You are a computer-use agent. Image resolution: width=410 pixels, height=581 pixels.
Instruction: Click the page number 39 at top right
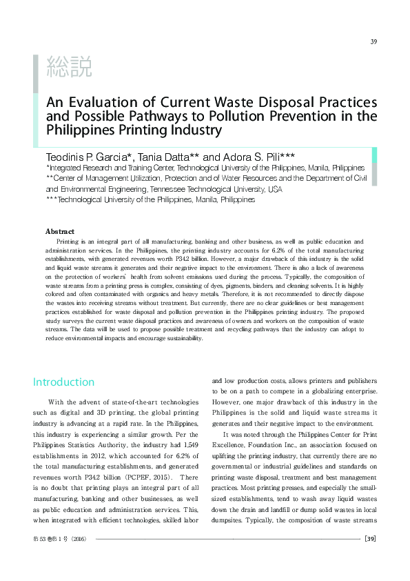[x=373, y=41]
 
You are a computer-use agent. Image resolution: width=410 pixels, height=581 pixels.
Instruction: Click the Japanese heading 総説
[x=68, y=68]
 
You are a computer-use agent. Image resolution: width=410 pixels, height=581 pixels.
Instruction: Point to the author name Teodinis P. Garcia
[x=91, y=156]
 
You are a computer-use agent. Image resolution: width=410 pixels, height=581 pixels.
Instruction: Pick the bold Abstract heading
[x=59, y=231]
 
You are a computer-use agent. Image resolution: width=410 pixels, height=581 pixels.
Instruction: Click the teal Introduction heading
[x=64, y=382]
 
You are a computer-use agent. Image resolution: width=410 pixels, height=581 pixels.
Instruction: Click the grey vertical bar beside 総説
[x=36, y=73]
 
